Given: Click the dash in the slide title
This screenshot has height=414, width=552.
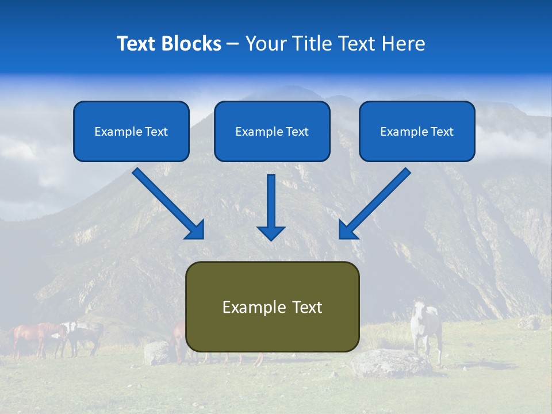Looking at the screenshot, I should tap(233, 44).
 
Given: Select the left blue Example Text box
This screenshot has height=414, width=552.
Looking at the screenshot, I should tap(131, 132).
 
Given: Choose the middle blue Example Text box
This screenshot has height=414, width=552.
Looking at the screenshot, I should tap(272, 132).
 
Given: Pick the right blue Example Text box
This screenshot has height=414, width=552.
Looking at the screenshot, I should tap(417, 132).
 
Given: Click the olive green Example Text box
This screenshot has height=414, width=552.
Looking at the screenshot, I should tap(272, 306).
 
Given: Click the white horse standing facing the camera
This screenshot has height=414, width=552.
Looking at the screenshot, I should tap(426, 331).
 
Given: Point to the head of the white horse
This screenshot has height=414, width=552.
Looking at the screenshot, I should tap(419, 308).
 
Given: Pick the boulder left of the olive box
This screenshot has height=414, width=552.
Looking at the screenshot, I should tap(156, 352).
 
